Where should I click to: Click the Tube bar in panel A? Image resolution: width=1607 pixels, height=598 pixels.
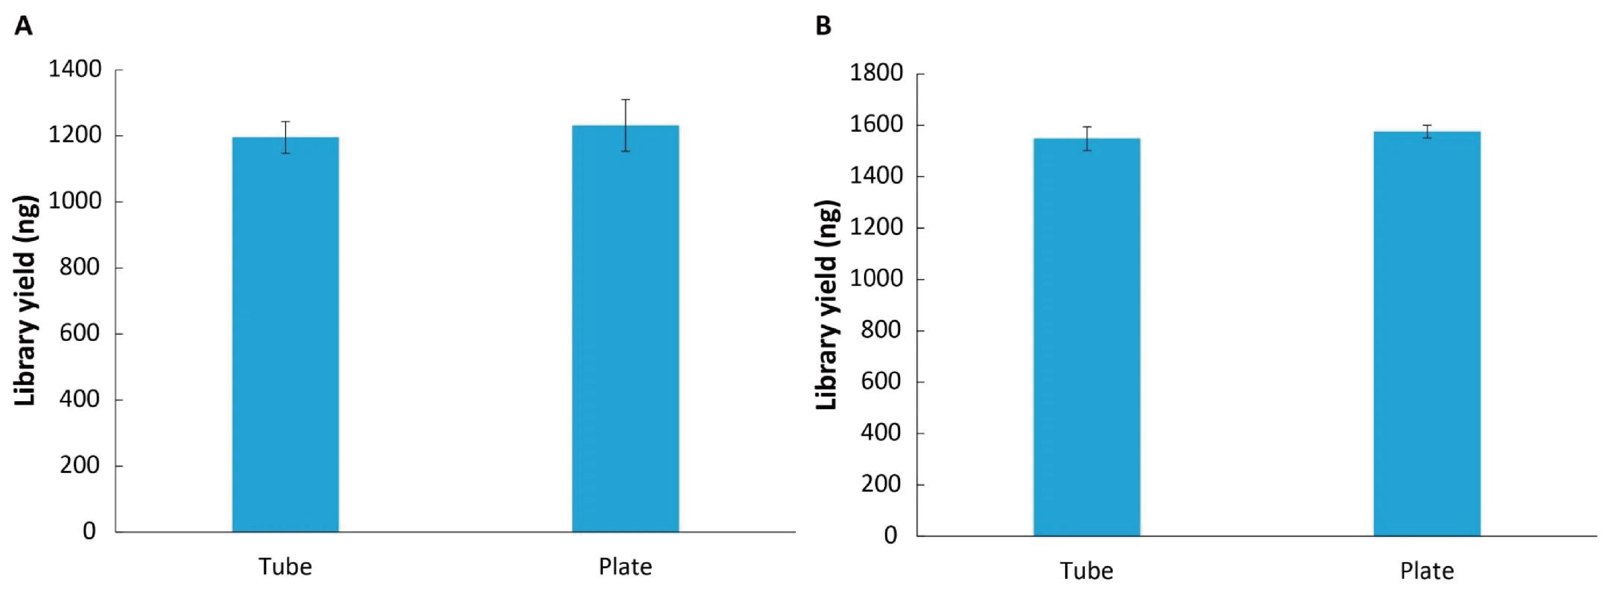[285, 334]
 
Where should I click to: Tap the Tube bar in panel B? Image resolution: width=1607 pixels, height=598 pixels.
[1086, 336]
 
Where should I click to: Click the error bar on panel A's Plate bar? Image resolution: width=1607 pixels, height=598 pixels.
[625, 125]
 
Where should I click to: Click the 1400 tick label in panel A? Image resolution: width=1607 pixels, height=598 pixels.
[75, 69]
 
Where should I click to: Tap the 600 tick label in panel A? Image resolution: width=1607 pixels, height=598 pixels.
[79, 333]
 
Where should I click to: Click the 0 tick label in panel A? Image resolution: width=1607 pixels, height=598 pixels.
[89, 531]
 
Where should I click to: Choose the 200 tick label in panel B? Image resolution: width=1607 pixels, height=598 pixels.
[880, 484]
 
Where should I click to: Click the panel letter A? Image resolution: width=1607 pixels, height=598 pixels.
[23, 26]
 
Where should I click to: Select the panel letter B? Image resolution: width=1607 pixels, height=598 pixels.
[824, 26]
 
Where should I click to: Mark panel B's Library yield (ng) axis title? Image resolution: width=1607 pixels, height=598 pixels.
[826, 305]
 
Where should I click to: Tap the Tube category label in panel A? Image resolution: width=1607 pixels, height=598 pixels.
[285, 567]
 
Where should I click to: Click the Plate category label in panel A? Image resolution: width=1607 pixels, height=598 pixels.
[625, 567]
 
